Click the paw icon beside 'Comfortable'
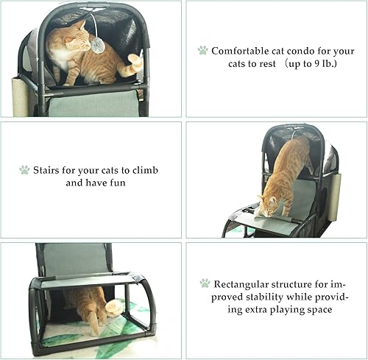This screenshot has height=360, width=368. [202, 51]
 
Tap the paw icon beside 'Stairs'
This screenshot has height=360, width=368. [24, 170]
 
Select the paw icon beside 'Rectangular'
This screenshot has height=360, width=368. [205, 283]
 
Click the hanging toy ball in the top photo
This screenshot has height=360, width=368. [97, 46]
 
